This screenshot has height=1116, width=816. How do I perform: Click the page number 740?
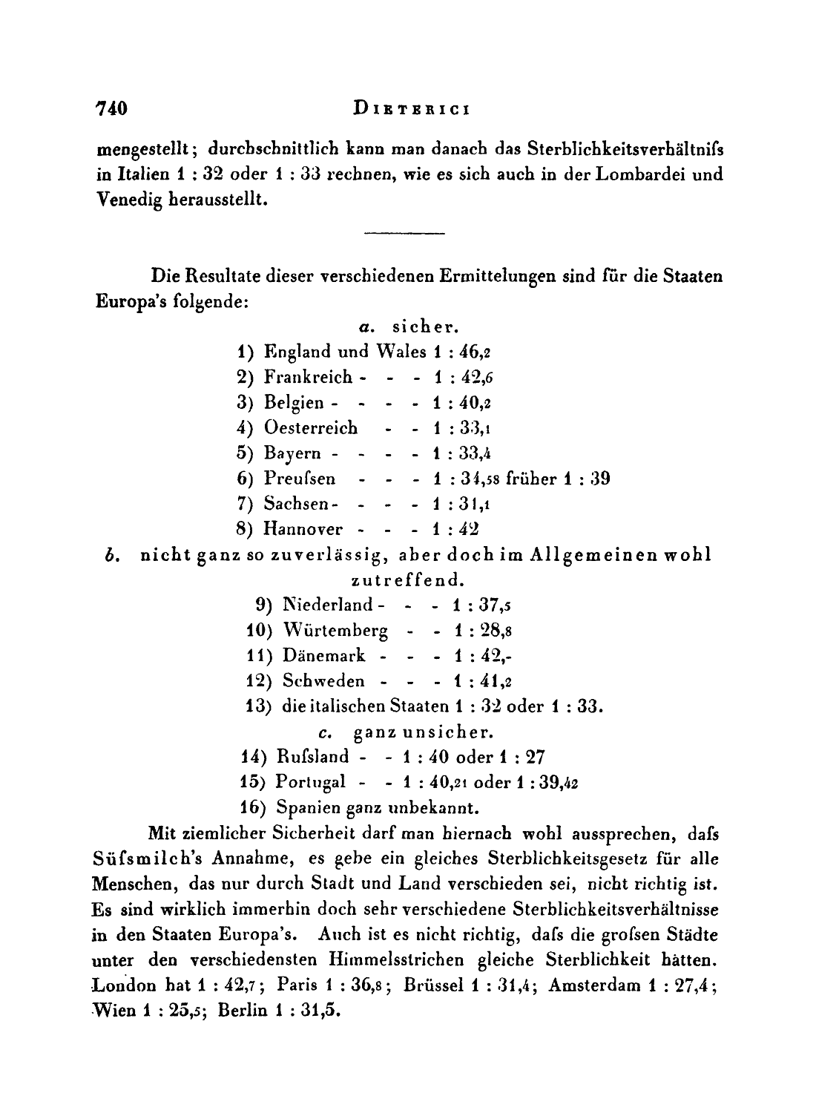(113, 109)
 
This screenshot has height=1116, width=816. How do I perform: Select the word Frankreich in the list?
(308, 377)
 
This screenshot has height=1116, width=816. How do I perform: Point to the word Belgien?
(294, 403)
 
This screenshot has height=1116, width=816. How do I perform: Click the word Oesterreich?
(311, 428)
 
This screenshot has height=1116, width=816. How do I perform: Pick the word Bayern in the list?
(292, 454)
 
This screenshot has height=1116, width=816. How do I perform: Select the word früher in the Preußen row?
(530, 479)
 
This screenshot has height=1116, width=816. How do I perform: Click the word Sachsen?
(296, 505)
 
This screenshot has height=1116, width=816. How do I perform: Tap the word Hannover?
(303, 530)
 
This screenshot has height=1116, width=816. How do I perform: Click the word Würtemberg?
(335, 631)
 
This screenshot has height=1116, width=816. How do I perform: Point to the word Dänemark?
(323, 656)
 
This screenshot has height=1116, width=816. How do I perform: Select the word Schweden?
(323, 681)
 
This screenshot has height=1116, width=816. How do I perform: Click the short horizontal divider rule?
(404, 235)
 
